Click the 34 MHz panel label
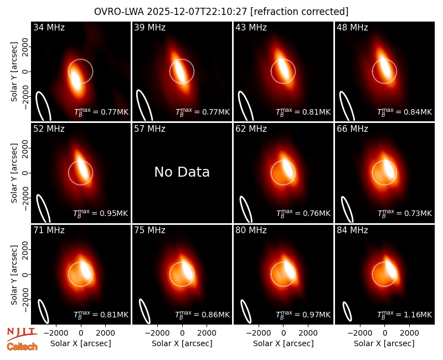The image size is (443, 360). [x=49, y=27]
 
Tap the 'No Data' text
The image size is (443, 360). [x=182, y=172]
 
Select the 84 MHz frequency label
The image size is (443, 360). [x=352, y=230]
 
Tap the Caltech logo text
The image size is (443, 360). [x=22, y=347]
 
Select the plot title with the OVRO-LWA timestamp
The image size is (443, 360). [x=221, y=12]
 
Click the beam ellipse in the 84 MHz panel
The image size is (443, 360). [x=347, y=311]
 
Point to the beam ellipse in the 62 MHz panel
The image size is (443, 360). [x=246, y=209]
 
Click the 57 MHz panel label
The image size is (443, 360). [x=150, y=129]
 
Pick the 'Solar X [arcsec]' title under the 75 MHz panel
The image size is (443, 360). [x=182, y=343]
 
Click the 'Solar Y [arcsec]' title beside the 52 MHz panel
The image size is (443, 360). [x=14, y=173]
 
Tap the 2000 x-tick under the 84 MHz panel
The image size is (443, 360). [x=409, y=333]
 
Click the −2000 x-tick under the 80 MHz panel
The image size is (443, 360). [x=258, y=333]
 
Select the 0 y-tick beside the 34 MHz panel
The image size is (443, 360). [x=26, y=71]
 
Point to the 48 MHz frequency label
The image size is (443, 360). [x=352, y=27]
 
